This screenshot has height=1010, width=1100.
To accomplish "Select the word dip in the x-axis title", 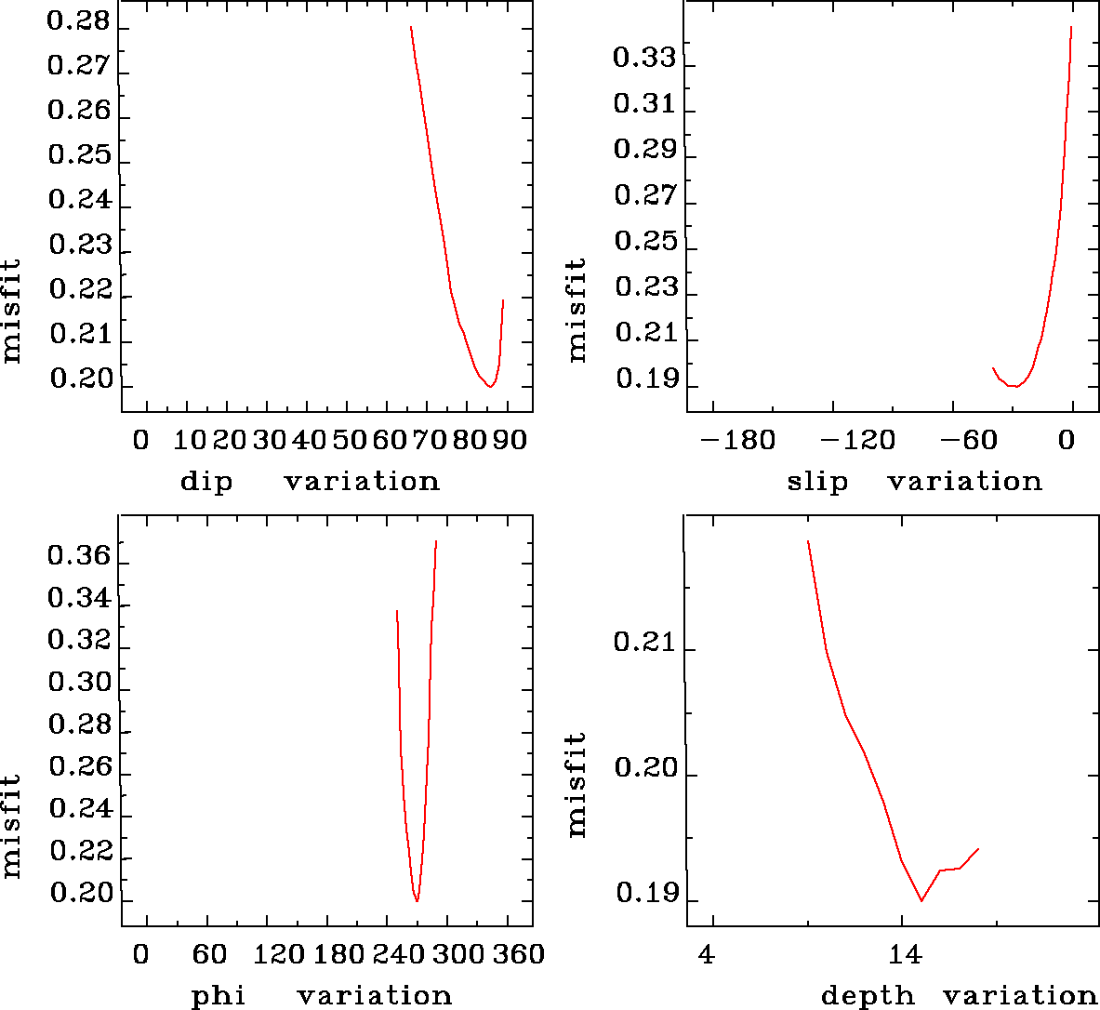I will pyautogui.click(x=206, y=482).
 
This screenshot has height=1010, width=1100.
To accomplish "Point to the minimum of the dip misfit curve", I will pyautogui.click(x=490, y=386).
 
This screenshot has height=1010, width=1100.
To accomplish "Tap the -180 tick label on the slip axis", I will pyautogui.click(x=737, y=440).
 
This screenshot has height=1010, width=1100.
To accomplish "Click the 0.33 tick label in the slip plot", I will pyautogui.click(x=644, y=59).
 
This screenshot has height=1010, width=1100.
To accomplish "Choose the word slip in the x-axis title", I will pyautogui.click(x=817, y=482).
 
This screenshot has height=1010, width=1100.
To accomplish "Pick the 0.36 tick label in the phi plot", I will pyautogui.click(x=79, y=558).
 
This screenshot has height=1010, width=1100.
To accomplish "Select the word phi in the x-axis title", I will pyautogui.click(x=219, y=996).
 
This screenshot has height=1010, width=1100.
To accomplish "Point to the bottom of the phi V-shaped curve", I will pyautogui.click(x=417, y=900).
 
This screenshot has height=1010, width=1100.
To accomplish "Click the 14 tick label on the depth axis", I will pyautogui.click(x=905, y=954).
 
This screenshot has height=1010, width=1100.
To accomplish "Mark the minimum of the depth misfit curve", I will pyautogui.click(x=921, y=900).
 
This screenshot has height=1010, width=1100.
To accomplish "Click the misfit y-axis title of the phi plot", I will pyautogui.click(x=12, y=826).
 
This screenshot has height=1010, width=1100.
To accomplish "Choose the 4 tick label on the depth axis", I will pyautogui.click(x=709, y=954).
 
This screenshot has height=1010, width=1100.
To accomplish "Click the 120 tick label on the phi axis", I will pyautogui.click(x=280, y=954).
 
